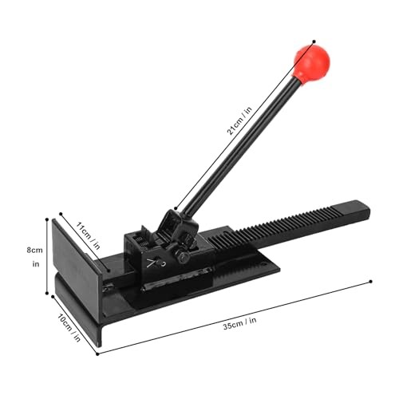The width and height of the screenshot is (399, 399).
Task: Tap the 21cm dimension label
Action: tap(239, 121)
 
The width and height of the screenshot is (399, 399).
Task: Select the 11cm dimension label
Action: tap(88, 235)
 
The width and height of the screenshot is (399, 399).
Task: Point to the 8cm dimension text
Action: tap(34, 250)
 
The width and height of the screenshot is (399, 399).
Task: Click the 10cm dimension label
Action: tap(69, 327)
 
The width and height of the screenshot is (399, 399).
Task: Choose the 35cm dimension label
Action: tap(239, 323)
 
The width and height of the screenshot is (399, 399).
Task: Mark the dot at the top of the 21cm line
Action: tap(314, 41)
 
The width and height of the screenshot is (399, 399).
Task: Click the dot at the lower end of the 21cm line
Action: tap(176, 208)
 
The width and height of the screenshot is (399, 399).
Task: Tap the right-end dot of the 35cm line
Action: tap(371, 282)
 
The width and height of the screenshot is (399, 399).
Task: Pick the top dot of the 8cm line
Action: tap(47, 219)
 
